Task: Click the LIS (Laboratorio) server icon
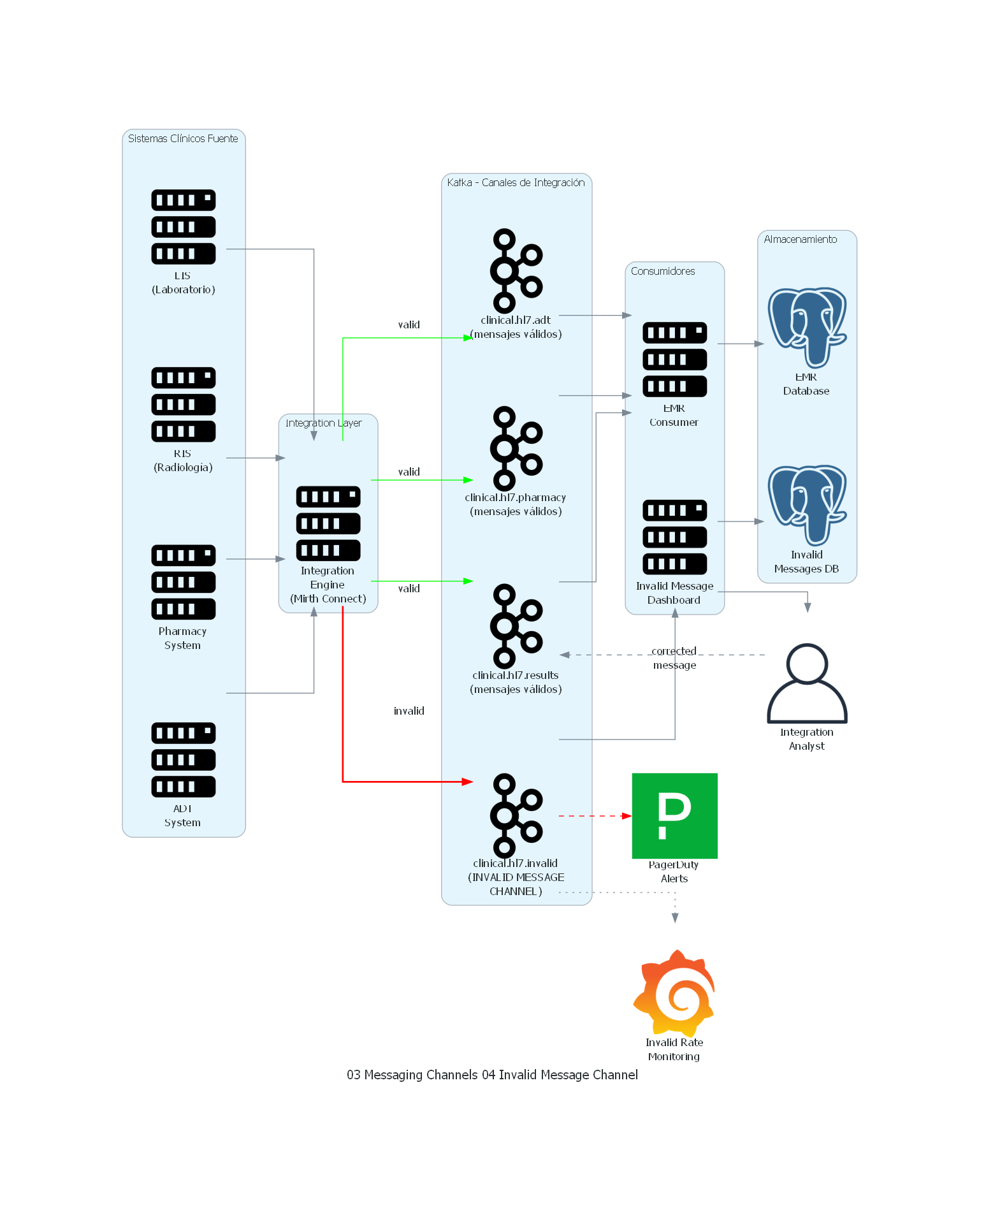point(183,227)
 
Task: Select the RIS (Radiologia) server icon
point(183,404)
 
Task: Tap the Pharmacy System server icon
point(183,582)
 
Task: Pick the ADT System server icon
point(183,759)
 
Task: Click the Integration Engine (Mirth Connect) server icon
point(328,523)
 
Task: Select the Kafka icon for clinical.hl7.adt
point(516,270)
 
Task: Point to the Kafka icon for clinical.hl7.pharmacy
point(516,448)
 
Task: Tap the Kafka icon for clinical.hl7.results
point(516,625)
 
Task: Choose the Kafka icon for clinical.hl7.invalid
point(516,815)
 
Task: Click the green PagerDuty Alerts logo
point(674,815)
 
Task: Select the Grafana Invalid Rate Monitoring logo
point(674,993)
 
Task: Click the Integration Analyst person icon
point(806,683)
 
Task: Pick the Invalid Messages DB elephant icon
point(806,505)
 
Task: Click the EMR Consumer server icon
point(674,360)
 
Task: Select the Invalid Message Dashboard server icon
point(674,537)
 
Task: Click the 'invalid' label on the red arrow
point(409,711)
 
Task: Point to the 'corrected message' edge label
point(674,658)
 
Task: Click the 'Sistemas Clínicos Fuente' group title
point(183,138)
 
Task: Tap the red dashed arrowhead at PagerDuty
point(627,815)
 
